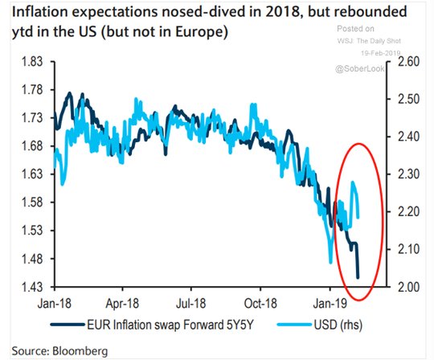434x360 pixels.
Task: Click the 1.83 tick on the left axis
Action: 32,61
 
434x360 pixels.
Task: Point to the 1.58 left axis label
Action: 32,202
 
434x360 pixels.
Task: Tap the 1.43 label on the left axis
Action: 32,287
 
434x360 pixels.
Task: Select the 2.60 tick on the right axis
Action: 409,61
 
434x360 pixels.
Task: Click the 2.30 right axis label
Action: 409,174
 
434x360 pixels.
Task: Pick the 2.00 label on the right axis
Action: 409,287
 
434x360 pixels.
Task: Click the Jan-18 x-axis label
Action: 55,304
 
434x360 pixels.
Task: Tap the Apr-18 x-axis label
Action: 122,304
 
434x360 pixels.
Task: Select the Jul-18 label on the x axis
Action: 191,304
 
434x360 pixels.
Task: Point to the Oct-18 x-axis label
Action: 260,304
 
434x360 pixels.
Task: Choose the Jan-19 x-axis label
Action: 330,304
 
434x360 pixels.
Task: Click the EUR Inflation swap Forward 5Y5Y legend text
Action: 170,325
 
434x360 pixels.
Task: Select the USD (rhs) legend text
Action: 338,325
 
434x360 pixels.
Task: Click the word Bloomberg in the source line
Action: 80,351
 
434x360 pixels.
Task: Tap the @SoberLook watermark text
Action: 360,68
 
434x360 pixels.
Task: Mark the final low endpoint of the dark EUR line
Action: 358,277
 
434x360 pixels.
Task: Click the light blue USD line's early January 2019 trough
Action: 330,262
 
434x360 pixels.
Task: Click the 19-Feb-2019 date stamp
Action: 381,53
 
